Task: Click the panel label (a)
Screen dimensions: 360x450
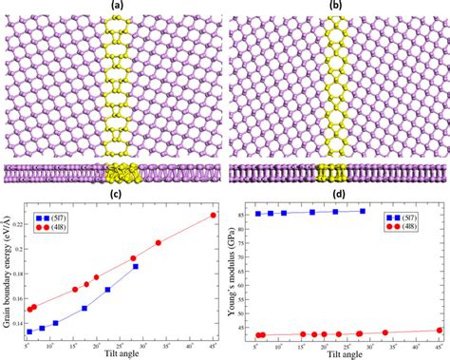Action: (x=118, y=6)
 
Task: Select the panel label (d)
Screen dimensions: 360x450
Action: (x=338, y=194)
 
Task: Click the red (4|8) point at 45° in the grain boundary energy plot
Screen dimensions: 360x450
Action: (x=213, y=216)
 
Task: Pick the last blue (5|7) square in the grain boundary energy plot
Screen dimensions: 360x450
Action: (x=136, y=267)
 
